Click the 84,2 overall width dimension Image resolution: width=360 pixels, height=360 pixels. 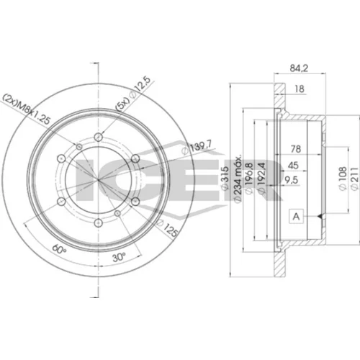click(299, 68)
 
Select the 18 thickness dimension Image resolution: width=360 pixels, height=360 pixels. click(300, 89)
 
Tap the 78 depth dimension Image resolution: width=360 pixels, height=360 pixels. click(296, 149)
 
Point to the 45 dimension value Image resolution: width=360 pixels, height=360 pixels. click(293, 166)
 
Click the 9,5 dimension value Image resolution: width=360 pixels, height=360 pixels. click(292, 180)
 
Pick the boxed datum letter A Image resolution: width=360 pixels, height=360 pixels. click(297, 217)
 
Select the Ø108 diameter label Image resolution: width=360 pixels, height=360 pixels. click(343, 179)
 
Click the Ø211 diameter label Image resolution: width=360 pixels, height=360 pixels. click(354, 179)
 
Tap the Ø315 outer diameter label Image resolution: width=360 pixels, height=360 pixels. click(225, 179)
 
